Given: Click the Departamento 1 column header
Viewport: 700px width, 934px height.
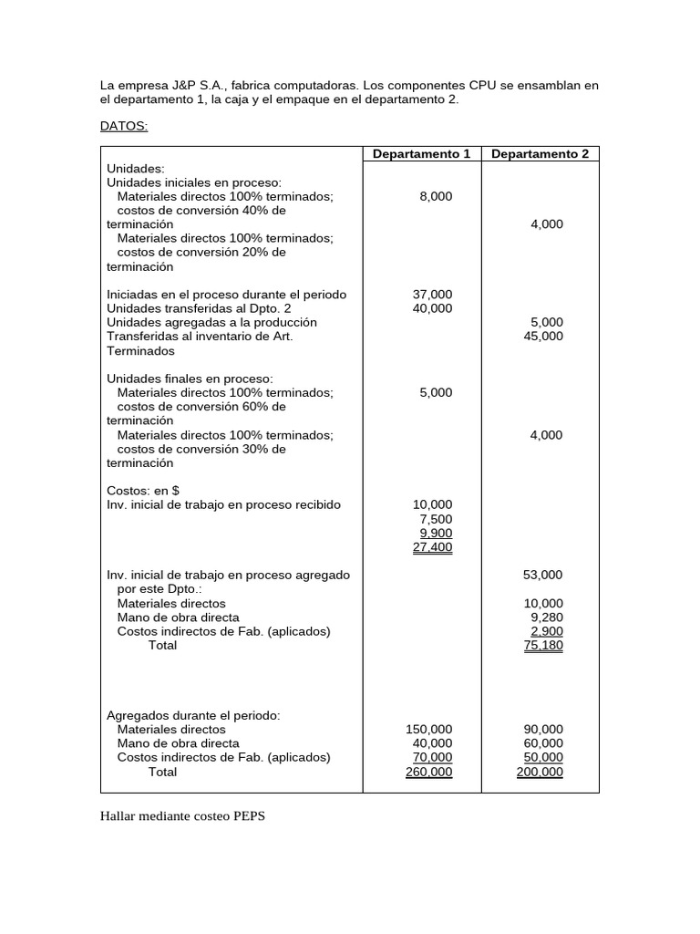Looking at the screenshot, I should tap(421, 154).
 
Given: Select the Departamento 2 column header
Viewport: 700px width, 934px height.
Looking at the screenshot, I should tap(540, 154).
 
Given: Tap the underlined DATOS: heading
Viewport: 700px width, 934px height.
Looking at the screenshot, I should tap(123, 127).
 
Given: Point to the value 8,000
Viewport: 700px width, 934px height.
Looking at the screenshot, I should tap(436, 196).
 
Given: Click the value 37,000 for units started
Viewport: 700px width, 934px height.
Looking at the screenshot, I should tap(432, 295).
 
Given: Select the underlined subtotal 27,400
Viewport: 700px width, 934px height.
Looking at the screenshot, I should tap(432, 547).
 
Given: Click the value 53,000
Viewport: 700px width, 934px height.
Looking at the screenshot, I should tap(543, 575).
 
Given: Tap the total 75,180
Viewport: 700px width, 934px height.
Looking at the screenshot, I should tap(543, 645).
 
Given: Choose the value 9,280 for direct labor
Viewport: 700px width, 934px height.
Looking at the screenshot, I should tap(547, 617).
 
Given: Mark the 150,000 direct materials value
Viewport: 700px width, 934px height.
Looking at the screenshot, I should tap(428, 730).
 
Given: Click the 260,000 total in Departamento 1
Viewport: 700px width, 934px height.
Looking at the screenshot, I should tap(428, 772).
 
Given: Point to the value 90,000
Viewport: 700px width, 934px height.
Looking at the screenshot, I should tap(543, 730).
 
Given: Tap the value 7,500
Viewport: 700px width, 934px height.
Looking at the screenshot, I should tap(436, 519).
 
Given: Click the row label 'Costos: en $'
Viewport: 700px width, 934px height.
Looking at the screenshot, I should tap(143, 491).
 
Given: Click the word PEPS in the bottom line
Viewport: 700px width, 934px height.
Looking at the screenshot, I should tap(247, 816).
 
